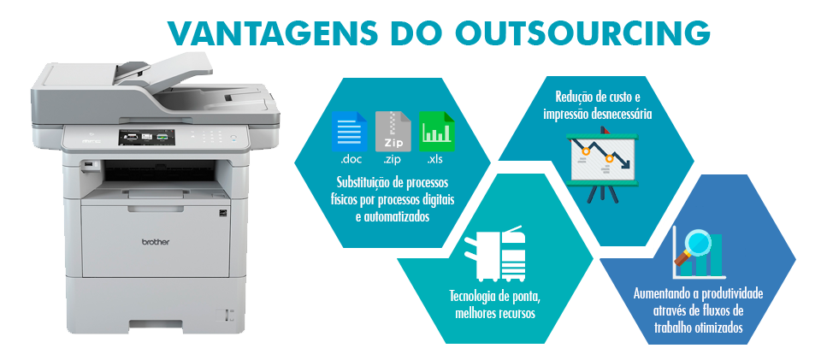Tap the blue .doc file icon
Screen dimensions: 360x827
348,132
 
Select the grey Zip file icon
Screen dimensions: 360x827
393,132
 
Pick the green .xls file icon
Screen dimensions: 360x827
437,132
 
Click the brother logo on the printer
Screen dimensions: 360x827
155,242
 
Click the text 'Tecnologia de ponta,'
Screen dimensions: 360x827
494,297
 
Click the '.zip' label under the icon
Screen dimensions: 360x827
393,160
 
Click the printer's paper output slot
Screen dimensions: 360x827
150,180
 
